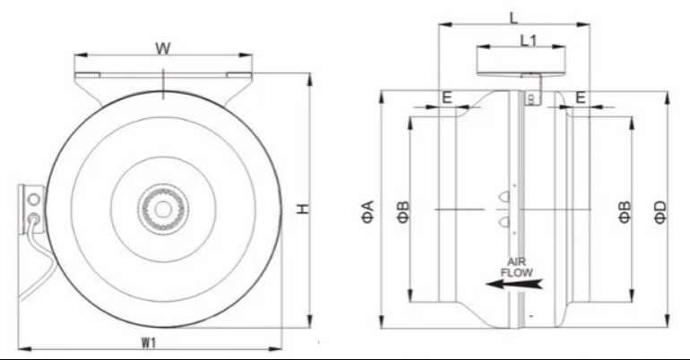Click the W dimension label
pos(163,47)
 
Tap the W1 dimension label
pos(149,342)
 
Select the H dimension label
pos(303,209)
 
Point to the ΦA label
pos(368,211)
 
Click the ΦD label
pos(660,212)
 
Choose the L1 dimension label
pos(529,40)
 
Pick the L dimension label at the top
pos(513,18)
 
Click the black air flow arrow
pos(514,284)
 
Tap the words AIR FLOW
pos(517,267)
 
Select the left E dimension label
pos(446,97)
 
